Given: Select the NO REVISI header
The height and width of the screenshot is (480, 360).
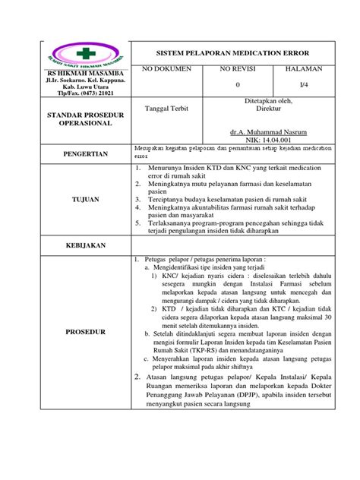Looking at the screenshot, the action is [238, 69].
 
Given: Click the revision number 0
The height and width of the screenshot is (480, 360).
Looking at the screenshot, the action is [238, 84].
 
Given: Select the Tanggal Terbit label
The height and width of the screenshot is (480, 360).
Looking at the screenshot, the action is [166, 108].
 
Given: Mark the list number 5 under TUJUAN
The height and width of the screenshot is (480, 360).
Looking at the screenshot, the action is [137, 223].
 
